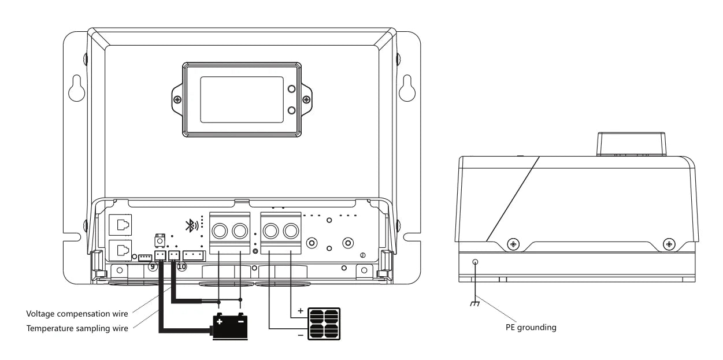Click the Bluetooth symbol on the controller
[190, 226]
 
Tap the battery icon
[231, 326]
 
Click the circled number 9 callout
[153, 266]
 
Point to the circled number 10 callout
[181, 266]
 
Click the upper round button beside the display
[292, 90]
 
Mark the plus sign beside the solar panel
[300, 310]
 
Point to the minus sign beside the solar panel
[300, 335]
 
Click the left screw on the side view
[513, 244]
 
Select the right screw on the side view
[669, 244]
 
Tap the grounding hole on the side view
[476, 262]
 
